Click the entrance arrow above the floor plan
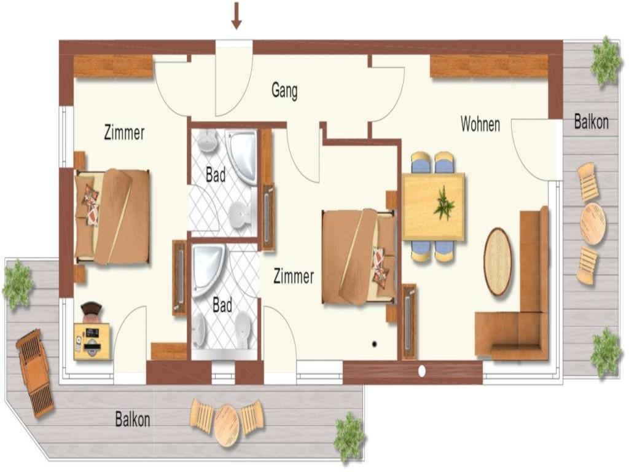pos(236,15)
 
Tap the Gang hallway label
pos(284,91)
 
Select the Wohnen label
pos(480,124)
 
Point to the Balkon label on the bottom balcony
pos(133,419)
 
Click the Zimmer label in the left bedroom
pos(124,133)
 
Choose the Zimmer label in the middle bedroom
pos(294,277)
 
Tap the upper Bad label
pos(216,175)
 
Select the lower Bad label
pos(222,305)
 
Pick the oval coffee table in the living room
pos(498,262)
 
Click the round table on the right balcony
pos(593,224)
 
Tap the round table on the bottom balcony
pos(227,425)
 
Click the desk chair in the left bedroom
pos(92,312)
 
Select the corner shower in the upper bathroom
pos(241,157)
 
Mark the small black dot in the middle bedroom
pos(374,344)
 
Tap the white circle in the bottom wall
pos(421,371)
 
